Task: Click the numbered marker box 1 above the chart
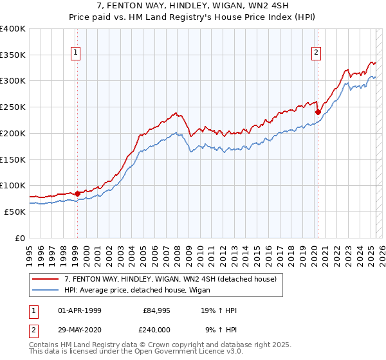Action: point(76,53)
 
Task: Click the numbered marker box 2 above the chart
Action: point(317,53)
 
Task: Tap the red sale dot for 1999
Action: point(77,193)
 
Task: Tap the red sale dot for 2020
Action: point(318,111)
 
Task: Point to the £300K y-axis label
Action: point(13,81)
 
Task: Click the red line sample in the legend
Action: point(46,279)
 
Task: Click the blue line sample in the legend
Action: point(46,290)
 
